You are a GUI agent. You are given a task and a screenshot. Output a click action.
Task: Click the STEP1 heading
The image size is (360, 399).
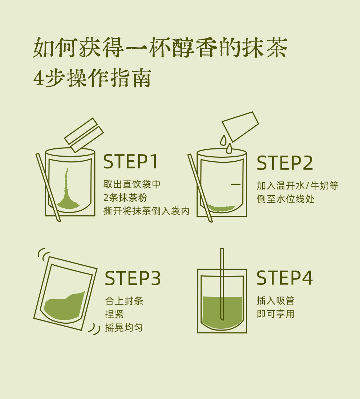pos(131,162)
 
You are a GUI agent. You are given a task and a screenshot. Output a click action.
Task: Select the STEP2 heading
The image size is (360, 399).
pos(285,163)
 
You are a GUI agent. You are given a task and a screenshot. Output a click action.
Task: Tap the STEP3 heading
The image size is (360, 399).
pos(133,278)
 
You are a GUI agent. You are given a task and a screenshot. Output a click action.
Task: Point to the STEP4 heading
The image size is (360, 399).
pos(284,278)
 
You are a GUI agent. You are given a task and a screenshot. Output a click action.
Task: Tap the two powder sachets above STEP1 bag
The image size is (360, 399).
pos(84,135)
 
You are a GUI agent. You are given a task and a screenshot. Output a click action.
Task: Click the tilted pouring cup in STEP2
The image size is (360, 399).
pos(240,126)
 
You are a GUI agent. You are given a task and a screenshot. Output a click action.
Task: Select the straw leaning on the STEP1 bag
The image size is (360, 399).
pos(48,187)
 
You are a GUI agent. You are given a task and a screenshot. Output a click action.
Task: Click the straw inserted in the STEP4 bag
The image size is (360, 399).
pos(222,284)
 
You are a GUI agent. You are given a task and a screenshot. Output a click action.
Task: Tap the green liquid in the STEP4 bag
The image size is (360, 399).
pos(222,311)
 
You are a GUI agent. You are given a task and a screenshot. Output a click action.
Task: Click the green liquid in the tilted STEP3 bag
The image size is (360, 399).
pos(64,306)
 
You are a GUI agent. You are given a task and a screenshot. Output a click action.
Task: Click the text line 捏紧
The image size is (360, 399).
pos(114,314)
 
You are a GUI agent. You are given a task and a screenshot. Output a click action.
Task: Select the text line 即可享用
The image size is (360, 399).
pos(275,314)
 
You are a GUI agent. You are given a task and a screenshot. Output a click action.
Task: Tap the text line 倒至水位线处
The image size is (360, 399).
pos(285,199)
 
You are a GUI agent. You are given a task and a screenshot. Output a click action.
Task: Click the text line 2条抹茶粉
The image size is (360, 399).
pos(125,197)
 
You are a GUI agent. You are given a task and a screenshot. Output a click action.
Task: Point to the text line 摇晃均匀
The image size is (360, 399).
pos(124,327)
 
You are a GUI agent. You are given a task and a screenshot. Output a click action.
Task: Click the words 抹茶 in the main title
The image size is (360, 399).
pos(265,48)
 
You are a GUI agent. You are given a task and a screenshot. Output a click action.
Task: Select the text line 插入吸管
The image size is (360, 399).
pos(275,301)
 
